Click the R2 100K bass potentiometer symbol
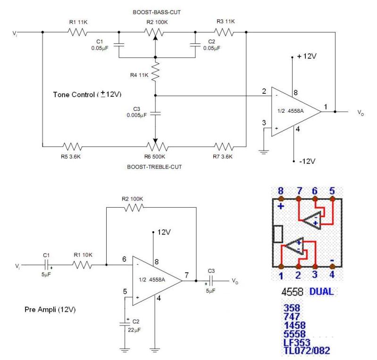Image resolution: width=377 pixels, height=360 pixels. coord(154,32)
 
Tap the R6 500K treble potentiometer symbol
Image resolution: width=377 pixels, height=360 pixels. coord(157,146)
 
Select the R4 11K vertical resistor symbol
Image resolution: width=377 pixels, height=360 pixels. coord(156,70)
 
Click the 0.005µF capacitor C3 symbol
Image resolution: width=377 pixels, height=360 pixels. coord(155,114)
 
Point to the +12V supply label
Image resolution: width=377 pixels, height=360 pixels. coord(307,56)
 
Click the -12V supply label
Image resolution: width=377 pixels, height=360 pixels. coord(307,161)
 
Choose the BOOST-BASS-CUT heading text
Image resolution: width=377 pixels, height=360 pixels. coord(157,12)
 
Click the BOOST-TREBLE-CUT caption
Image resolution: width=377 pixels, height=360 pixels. coord(154,167)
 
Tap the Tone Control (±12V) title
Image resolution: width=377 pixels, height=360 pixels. coord(87,94)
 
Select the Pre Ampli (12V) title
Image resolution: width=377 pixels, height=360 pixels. coord(50,309)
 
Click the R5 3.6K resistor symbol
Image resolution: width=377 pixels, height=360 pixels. coord(72,146)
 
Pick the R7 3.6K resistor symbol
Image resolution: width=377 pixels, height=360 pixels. coord(224,146)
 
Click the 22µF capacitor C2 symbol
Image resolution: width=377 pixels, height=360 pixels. coord(125,324)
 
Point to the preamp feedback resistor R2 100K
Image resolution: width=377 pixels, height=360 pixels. coord(134,207)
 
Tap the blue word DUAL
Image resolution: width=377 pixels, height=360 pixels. coord(321,292)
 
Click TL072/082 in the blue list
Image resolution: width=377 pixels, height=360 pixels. coord(307,351)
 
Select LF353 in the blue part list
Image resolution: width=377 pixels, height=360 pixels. coord(297,343)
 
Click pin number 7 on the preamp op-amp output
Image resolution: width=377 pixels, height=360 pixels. coord(187,275)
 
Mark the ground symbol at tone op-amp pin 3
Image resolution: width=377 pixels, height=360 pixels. coord(264,151)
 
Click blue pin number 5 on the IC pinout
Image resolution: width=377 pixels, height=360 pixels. coord(332,191)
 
